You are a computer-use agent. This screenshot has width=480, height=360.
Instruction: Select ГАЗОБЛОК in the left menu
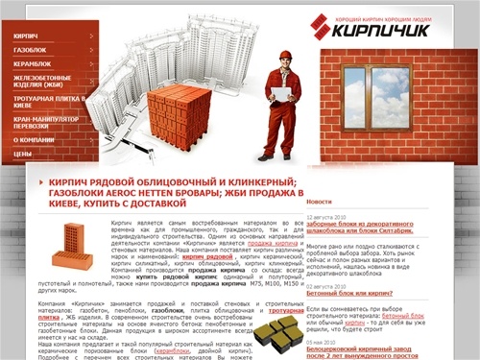click(31, 48)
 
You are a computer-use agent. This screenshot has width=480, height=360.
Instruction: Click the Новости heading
click(320, 202)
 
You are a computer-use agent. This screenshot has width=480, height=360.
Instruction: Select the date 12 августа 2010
click(326, 217)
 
